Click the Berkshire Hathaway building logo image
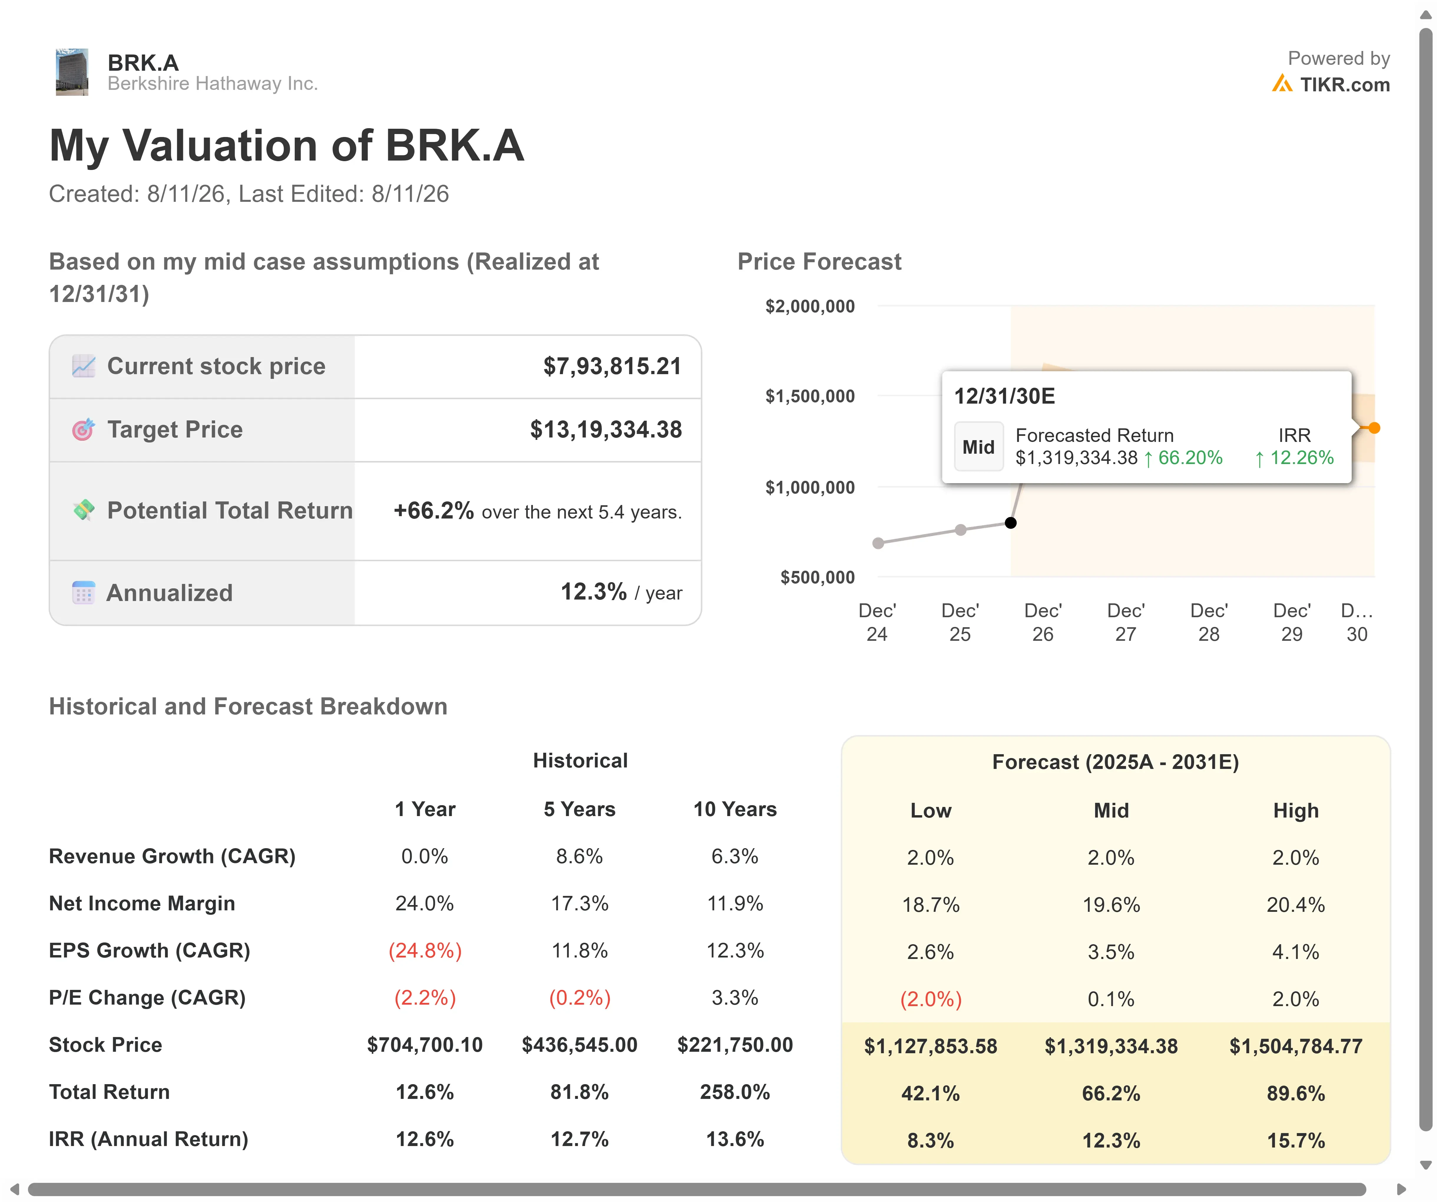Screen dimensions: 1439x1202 coord(72,72)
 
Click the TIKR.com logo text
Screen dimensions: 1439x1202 coord(1344,85)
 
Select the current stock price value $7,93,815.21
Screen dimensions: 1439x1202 coord(612,366)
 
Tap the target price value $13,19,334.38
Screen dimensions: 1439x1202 coord(606,430)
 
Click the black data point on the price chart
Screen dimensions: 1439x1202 coord(1011,523)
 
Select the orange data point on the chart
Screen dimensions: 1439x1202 coord(1375,427)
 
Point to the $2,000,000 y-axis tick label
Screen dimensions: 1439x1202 coord(810,306)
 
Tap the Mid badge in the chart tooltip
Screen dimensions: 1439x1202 coord(978,447)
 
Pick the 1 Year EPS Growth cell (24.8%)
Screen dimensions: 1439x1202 coord(425,950)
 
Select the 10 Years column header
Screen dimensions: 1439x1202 coord(735,809)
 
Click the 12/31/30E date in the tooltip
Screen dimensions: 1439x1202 coord(1005,396)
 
